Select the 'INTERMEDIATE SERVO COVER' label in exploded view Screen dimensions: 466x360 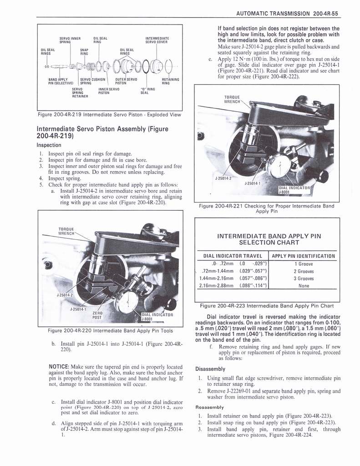click(x=157, y=40)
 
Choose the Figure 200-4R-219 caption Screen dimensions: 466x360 click(x=109, y=114)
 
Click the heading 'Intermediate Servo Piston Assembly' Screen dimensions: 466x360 click(x=102, y=132)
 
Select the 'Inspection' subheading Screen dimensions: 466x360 click(x=49, y=145)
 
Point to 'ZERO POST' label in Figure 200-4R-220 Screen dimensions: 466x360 click(x=97, y=315)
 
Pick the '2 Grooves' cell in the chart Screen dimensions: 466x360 click(x=304, y=271)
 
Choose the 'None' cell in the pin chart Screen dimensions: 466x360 click(x=304, y=286)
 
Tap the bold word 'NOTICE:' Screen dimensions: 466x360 click(x=59, y=366)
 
